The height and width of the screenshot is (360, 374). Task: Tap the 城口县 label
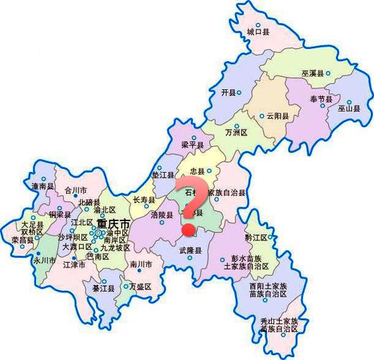257,32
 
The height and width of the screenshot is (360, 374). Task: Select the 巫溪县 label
312,73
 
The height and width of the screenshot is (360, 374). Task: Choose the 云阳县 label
278,116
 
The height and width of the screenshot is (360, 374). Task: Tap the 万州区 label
236,133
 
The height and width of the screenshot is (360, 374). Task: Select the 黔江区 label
256,237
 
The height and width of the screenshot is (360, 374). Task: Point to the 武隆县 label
191,250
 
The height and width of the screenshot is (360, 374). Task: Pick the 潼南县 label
43,186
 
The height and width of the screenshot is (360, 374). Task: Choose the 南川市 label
142,265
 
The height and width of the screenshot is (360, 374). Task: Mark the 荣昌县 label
23,240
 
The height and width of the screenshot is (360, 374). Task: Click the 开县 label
229,93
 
